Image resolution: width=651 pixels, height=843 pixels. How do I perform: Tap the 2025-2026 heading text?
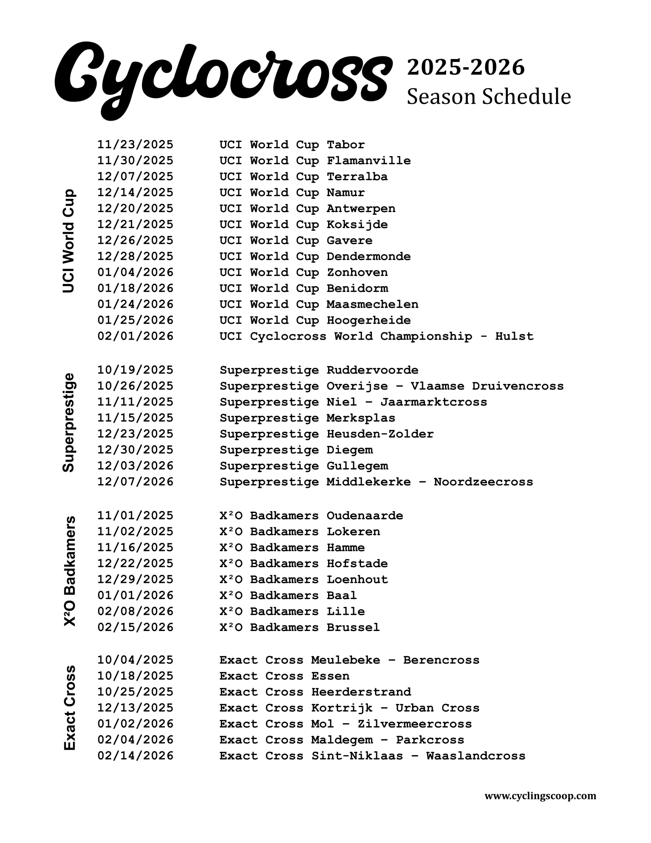click(x=466, y=67)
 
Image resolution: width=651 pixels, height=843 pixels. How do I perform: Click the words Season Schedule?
click(x=488, y=96)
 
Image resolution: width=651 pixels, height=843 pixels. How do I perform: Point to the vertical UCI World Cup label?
click(x=69, y=241)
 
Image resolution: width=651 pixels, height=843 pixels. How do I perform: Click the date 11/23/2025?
click(x=135, y=145)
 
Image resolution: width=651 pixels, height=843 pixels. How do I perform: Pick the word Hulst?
click(x=514, y=336)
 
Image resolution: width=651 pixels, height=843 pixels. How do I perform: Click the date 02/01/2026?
click(x=135, y=336)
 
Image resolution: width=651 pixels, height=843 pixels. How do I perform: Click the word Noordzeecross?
click(x=483, y=482)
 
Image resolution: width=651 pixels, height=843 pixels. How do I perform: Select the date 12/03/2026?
click(x=135, y=466)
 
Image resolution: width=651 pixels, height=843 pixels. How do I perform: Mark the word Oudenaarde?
click(x=365, y=516)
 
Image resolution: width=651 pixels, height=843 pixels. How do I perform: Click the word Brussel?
click(x=353, y=627)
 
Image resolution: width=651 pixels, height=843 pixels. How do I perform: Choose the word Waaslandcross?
click(x=476, y=756)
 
